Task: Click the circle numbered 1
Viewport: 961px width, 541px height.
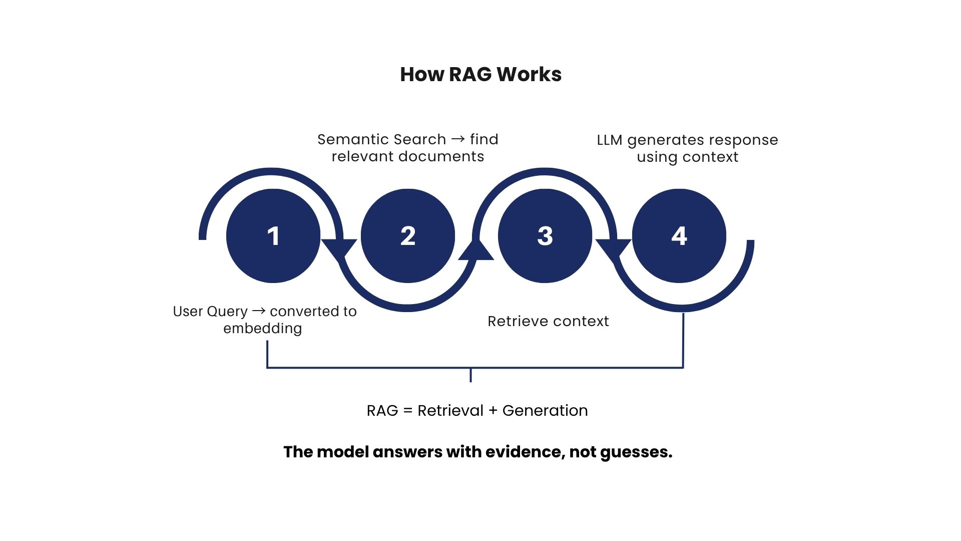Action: click(273, 236)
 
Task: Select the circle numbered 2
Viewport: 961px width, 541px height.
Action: click(408, 236)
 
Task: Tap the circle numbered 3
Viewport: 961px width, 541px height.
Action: click(545, 236)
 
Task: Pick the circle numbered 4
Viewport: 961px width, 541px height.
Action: click(679, 236)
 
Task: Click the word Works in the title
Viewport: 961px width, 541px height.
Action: click(530, 75)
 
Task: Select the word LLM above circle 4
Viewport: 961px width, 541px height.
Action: click(610, 140)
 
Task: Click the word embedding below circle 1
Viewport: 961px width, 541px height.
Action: click(263, 329)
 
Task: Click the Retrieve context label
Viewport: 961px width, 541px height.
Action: click(548, 321)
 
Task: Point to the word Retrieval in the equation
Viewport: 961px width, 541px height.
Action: click(450, 411)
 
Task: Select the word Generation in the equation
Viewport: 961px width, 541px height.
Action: click(545, 411)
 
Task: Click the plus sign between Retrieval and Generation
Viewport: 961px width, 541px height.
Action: click(493, 411)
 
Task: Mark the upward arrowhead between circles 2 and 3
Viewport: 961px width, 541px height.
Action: click(476, 249)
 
